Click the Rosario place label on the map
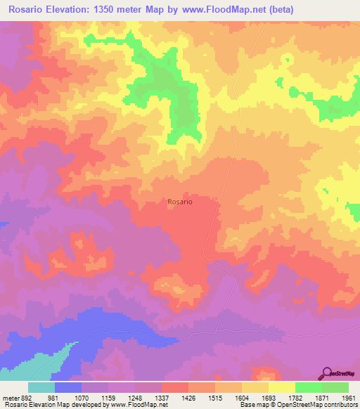(180, 202)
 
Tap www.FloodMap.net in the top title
(220, 10)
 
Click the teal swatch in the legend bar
(41, 387)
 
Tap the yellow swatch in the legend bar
(281, 387)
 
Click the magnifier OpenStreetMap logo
(327, 373)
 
